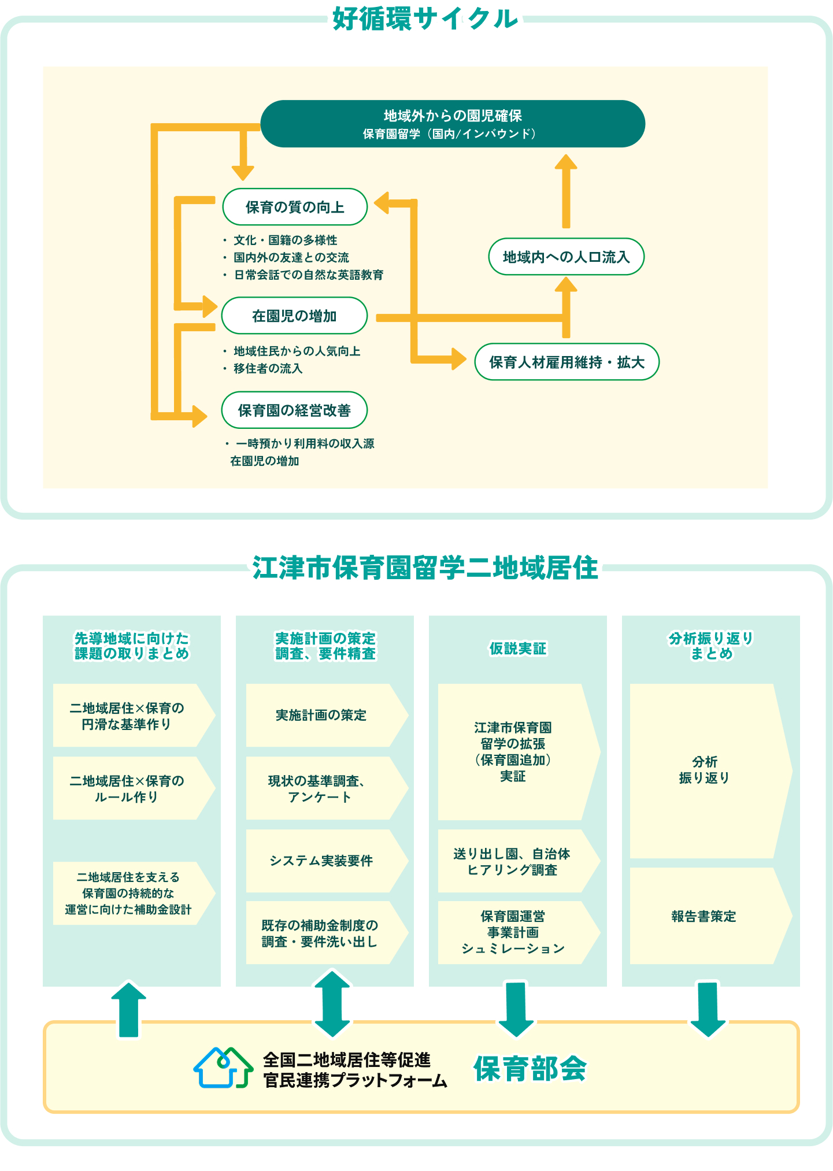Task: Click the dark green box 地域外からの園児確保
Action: click(453, 124)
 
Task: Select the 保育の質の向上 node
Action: click(295, 207)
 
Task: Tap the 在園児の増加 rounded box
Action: click(294, 316)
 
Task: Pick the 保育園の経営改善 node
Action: click(294, 410)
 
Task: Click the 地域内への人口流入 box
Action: click(566, 257)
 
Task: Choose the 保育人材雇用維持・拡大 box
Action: click(567, 362)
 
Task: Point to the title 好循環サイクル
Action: click(425, 19)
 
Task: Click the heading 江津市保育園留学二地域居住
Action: click(425, 568)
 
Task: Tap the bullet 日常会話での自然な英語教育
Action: click(308, 275)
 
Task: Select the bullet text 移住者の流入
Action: click(268, 368)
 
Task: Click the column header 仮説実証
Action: click(517, 649)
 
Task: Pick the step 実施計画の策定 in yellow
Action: click(321, 716)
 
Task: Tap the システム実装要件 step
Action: click(321, 861)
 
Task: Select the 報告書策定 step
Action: click(704, 916)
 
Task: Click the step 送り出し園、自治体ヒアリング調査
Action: click(512, 861)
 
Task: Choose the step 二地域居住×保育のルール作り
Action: click(127, 788)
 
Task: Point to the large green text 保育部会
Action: click(530, 1068)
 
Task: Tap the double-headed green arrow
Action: click(332, 1004)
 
